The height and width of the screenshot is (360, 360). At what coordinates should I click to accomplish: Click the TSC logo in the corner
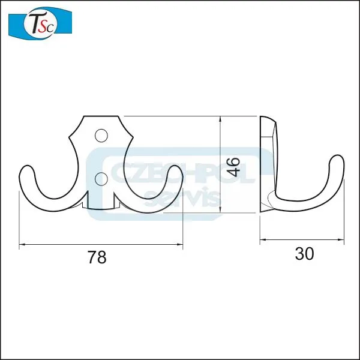point(40,23)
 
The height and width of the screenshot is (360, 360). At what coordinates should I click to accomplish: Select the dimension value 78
point(97,257)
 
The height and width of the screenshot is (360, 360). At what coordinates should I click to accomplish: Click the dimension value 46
point(234,167)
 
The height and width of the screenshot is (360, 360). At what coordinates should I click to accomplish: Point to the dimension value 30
point(304,254)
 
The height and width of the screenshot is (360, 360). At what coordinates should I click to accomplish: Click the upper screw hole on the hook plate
point(101,136)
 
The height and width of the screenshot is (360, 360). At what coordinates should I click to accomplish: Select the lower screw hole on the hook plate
point(101,179)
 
